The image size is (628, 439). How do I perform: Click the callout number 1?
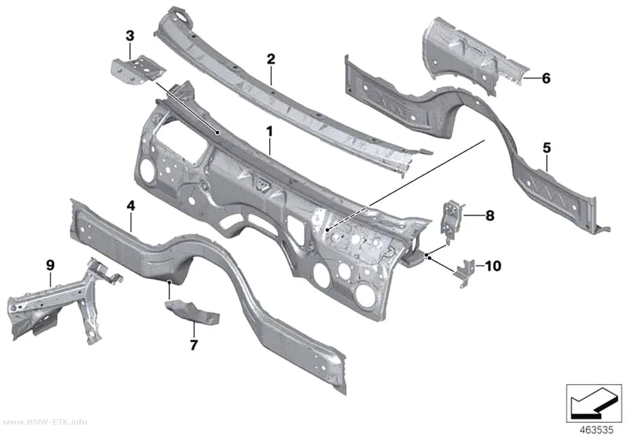point(270,131)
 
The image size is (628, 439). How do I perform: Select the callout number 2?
point(271,59)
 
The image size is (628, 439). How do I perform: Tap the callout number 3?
point(130,36)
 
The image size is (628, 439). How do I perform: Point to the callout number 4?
point(130,206)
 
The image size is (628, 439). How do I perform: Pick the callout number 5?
point(547,148)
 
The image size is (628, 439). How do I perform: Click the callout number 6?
point(546,78)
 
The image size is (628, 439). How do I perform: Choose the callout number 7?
point(194,345)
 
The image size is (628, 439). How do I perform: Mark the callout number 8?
point(490,216)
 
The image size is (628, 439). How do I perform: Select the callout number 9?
point(50,265)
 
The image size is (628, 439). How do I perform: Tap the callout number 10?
point(493,266)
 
